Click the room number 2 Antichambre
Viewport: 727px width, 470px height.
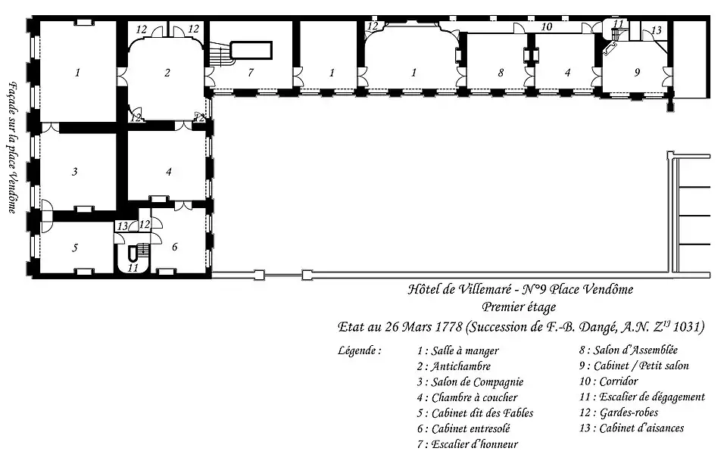pyautogui.click(x=167, y=73)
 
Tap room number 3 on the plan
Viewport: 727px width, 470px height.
pyautogui.click(x=75, y=172)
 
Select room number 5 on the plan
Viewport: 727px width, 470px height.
pyautogui.click(x=75, y=248)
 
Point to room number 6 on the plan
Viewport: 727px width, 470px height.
pyautogui.click(x=174, y=247)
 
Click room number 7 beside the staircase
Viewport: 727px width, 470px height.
pyautogui.click(x=251, y=73)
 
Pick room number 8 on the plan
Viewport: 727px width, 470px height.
pyautogui.click(x=501, y=73)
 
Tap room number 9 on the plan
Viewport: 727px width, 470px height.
pyautogui.click(x=637, y=73)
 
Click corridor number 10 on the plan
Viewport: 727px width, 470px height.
pyautogui.click(x=547, y=27)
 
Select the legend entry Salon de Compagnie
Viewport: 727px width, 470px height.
pyautogui.click(x=470, y=382)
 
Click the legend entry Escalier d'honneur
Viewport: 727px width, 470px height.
pyautogui.click(x=467, y=444)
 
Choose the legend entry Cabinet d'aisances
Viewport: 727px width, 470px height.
pyautogui.click(x=632, y=428)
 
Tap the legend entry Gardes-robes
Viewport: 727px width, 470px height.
pyautogui.click(x=619, y=412)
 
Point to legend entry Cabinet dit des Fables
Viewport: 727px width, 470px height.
pyautogui.click(x=475, y=412)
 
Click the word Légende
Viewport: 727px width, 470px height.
pyautogui.click(x=360, y=350)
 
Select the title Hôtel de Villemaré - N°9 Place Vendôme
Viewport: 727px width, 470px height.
pyautogui.click(x=520, y=289)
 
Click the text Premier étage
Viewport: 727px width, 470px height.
pyautogui.click(x=519, y=307)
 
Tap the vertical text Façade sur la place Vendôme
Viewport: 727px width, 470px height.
pyautogui.click(x=13, y=148)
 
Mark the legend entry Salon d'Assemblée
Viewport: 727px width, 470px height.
pyautogui.click(x=629, y=350)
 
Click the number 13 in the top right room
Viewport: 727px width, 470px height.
pyautogui.click(x=656, y=30)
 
